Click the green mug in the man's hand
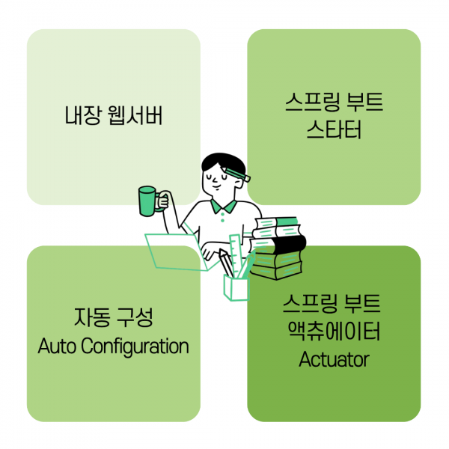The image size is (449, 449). click(x=148, y=201)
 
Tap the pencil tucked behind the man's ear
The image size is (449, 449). click(x=238, y=177)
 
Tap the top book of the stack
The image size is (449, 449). click(x=277, y=222)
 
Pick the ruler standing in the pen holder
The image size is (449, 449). click(x=237, y=254)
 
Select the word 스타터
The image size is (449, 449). click(x=334, y=132)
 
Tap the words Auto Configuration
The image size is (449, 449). click(x=113, y=346)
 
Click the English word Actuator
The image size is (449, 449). click(x=334, y=359)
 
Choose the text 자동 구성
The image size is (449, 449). click(x=114, y=317)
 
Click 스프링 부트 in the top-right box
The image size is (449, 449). click(x=334, y=103)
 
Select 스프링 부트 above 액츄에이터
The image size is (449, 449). click(x=334, y=304)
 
